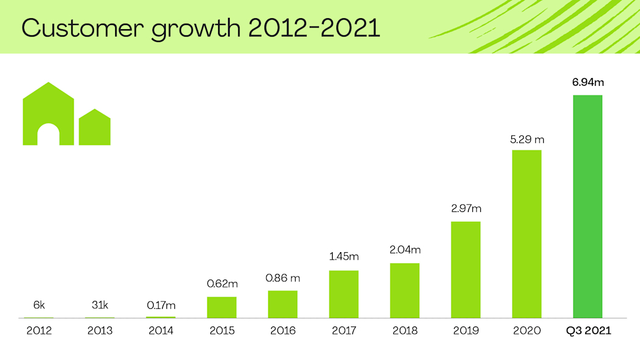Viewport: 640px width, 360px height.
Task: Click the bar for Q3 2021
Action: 588,206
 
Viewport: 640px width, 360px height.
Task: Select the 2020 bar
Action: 527,234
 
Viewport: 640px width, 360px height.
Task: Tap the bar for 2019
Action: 466,270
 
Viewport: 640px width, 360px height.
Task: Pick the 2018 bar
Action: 405,291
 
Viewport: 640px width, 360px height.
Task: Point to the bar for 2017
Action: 344,294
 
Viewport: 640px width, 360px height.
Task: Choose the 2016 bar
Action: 283,304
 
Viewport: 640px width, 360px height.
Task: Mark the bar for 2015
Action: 222,307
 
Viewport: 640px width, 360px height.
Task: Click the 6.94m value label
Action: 588,82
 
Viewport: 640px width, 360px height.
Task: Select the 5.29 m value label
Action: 527,139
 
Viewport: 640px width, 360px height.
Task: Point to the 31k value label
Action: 100,305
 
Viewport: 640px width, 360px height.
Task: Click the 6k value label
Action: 39,305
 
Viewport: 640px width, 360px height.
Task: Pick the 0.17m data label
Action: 161,305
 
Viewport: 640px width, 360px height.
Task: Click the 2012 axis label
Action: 39,331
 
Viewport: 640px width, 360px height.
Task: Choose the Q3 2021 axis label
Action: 588,331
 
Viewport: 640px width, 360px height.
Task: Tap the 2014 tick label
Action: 161,331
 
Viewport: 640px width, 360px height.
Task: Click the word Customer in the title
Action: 79,28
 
